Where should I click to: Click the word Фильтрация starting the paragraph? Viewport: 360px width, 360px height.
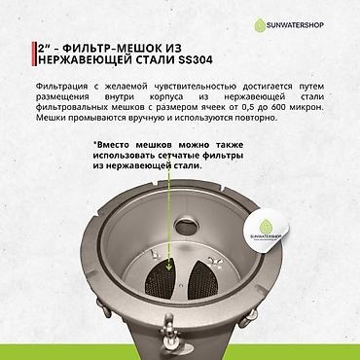[x=59, y=86]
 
